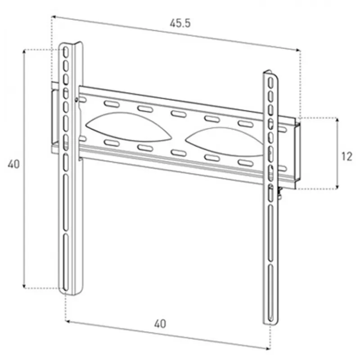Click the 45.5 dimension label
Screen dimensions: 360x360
pyautogui.click(x=180, y=23)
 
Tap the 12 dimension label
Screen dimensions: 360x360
pyautogui.click(x=346, y=157)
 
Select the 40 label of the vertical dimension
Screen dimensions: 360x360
pyautogui.click(x=13, y=164)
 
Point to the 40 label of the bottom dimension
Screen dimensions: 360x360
pyautogui.click(x=160, y=324)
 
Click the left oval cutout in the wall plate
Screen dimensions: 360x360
pyautogui.click(x=129, y=127)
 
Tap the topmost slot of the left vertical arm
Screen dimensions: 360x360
pyautogui.click(x=66, y=52)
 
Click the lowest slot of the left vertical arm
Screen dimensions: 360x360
pyautogui.click(x=66, y=262)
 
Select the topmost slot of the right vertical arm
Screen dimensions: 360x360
pyautogui.click(x=271, y=83)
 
